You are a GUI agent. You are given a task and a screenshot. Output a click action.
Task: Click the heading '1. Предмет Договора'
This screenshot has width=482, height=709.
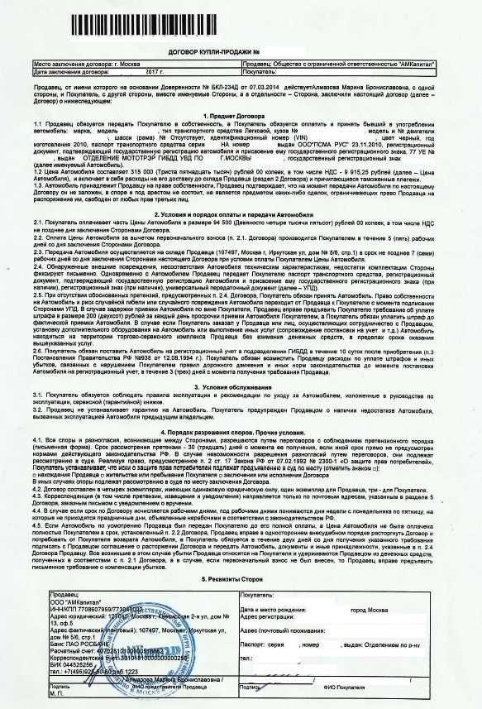241,115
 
